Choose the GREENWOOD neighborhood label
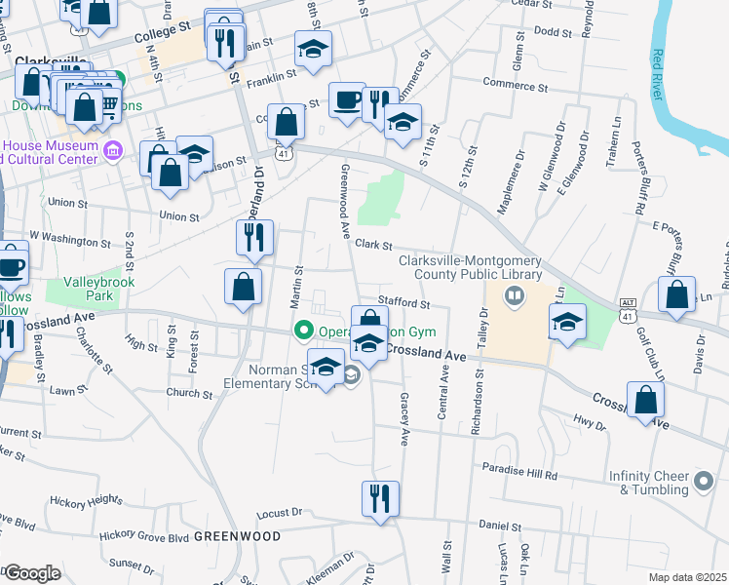click(237, 536)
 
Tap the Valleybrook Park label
click(98, 289)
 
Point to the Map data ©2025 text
click(686, 576)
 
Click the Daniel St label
click(499, 526)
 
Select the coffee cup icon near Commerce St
click(347, 99)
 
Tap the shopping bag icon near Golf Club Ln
click(676, 293)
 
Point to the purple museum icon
click(112, 150)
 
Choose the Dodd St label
click(552, 31)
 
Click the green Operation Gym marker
click(303, 331)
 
